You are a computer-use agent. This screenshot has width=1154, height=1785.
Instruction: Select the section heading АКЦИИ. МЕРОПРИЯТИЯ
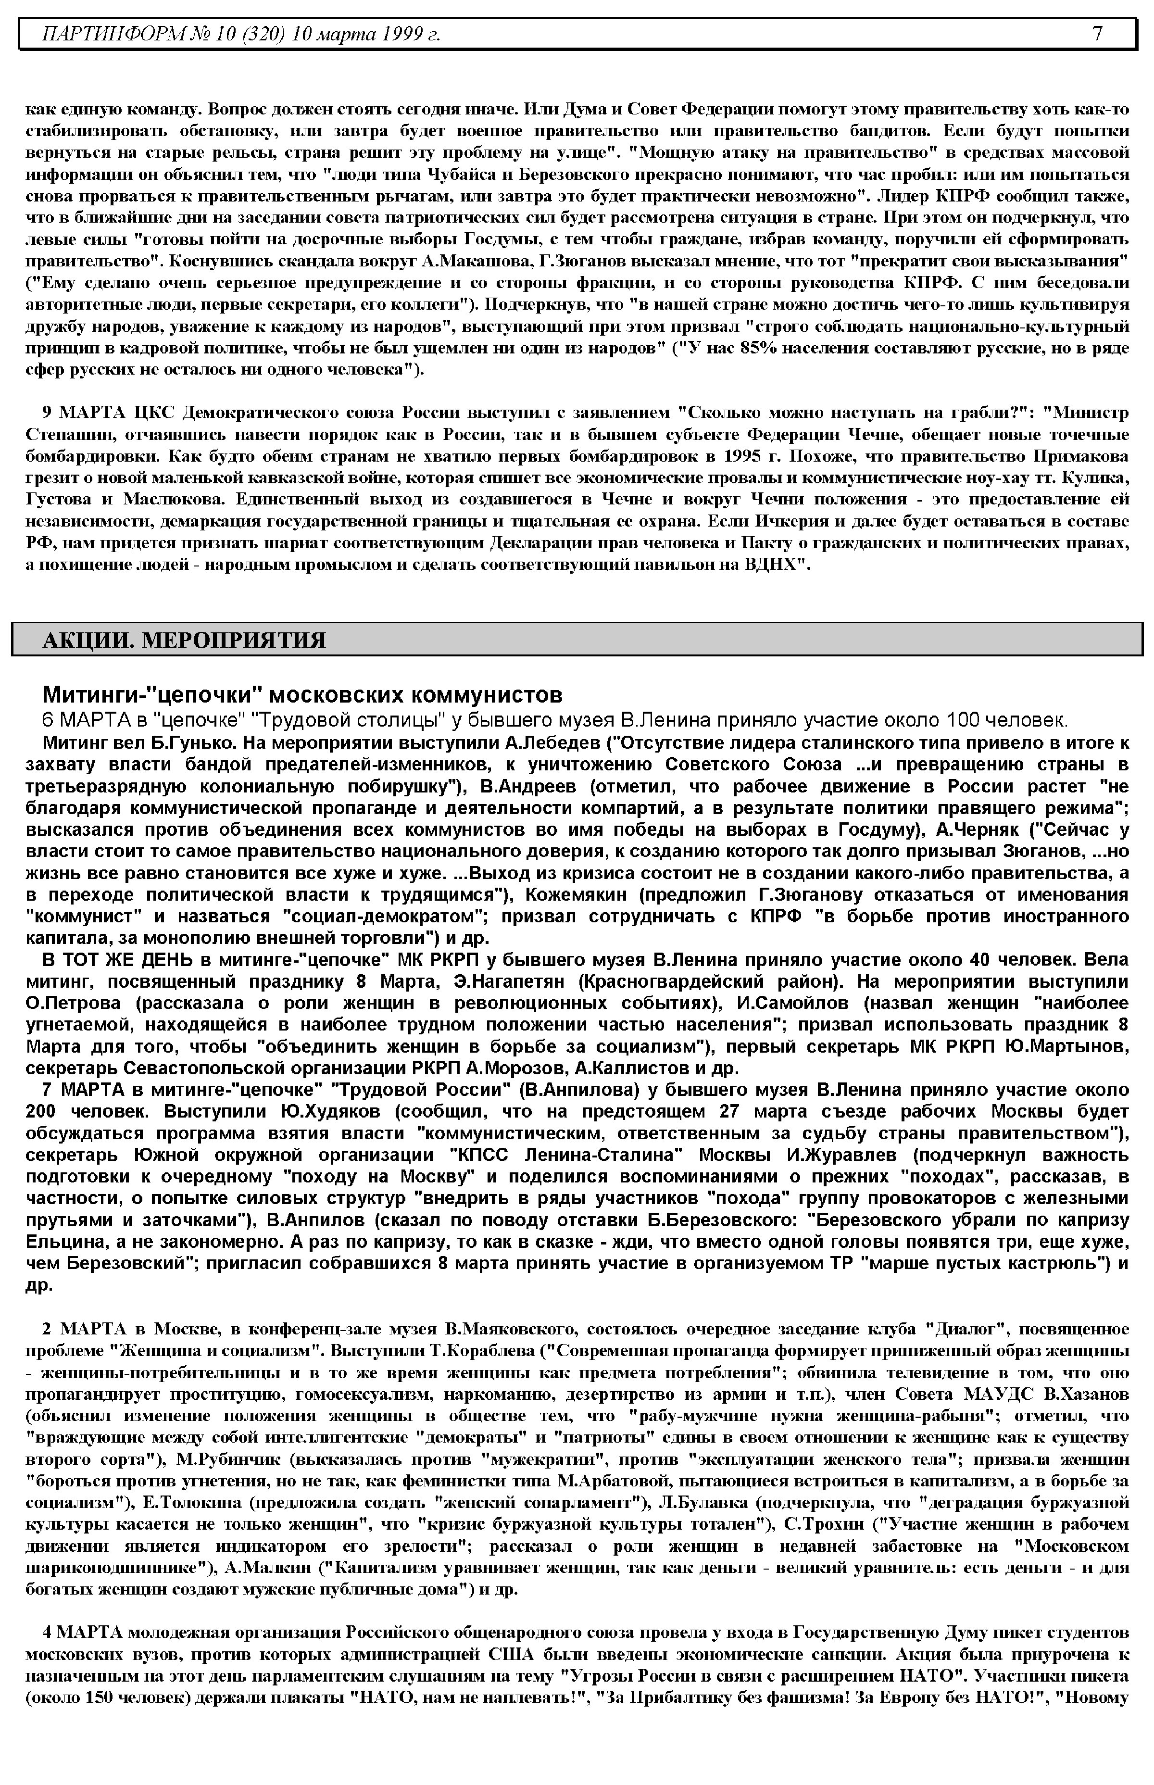(184, 640)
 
